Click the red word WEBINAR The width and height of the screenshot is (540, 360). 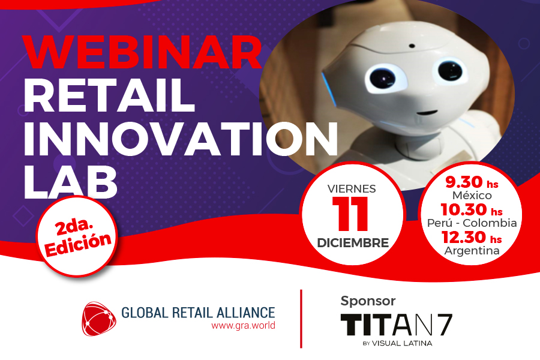141,52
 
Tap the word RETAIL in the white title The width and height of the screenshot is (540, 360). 109,95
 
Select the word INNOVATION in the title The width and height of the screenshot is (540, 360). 181,138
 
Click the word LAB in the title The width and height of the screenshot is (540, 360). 70,181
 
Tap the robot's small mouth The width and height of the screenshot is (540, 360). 427,113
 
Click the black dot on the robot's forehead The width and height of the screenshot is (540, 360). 412,45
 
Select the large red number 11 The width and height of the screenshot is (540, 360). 350,214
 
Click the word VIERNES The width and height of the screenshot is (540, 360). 352,189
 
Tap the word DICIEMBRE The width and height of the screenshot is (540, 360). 353,242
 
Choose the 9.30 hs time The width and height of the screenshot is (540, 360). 472,182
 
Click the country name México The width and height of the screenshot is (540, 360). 472,196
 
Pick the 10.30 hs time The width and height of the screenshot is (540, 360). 472,210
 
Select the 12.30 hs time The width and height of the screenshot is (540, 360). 472,238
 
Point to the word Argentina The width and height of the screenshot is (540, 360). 472,250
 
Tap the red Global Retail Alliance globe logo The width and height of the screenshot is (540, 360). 99,319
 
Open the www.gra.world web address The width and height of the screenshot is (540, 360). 243,326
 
